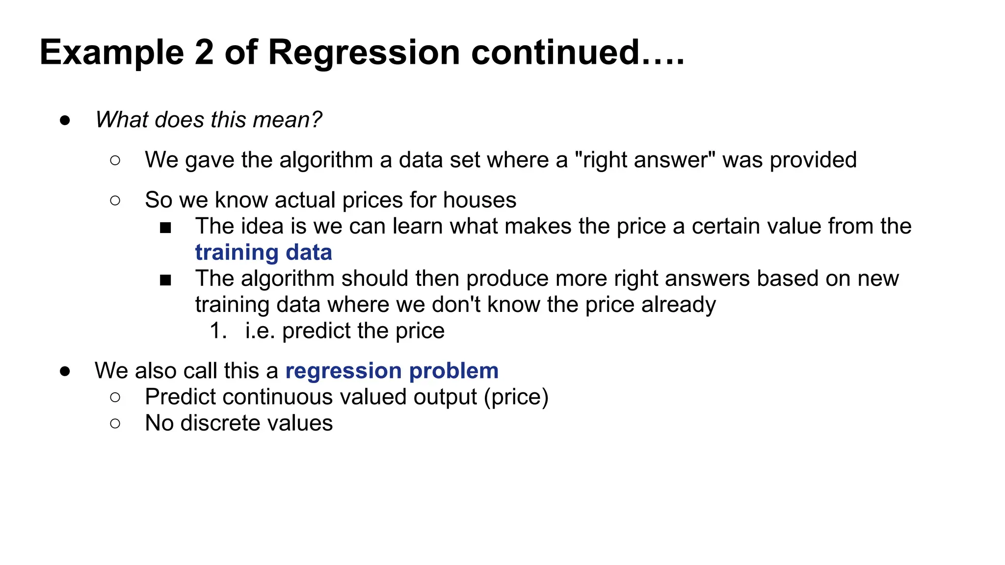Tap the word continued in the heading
click(555, 52)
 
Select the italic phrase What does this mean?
click(209, 120)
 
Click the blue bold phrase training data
click(264, 253)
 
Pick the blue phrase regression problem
click(392, 371)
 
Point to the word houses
click(479, 200)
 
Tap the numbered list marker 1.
click(218, 331)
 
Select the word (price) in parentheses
click(516, 397)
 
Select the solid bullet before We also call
click(65, 371)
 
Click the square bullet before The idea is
click(165, 228)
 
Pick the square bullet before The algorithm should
click(165, 280)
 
